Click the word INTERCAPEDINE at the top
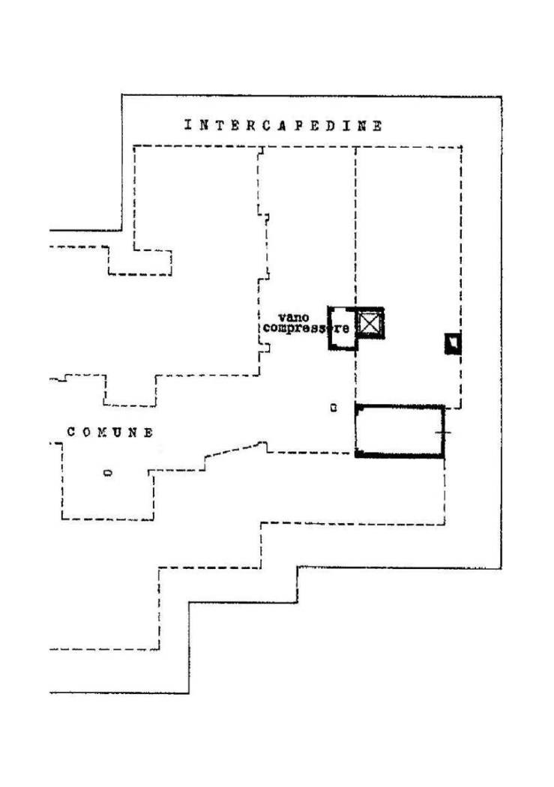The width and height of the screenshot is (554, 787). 283,125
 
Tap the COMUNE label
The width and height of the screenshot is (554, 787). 110,432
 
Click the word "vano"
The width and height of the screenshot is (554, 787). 294,318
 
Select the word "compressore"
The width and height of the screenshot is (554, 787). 306,329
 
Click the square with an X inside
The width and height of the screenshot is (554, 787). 370,323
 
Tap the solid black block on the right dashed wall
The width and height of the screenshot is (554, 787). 453,344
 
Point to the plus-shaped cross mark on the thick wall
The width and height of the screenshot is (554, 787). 443,432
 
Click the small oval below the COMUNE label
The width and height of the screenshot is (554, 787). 107,472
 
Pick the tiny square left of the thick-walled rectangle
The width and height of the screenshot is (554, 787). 333,408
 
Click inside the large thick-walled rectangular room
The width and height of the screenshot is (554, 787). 400,431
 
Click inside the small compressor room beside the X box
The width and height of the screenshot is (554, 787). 343,328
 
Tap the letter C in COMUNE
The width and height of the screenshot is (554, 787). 71,432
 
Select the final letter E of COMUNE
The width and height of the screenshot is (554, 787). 148,432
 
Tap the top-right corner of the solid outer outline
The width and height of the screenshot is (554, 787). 502,97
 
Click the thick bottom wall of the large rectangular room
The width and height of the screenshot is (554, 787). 400,455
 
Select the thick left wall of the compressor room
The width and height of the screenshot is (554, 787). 330,328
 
